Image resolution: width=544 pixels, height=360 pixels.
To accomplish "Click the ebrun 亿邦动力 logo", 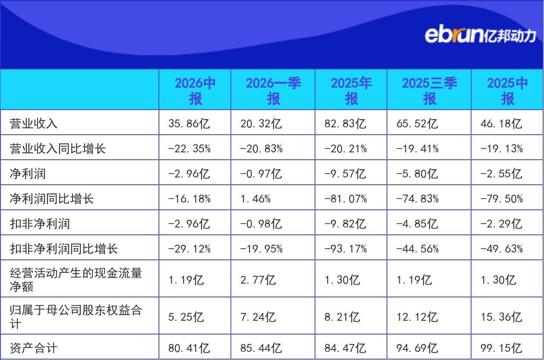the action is [x=480, y=35].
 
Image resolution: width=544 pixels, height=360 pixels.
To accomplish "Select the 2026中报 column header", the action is [x=195, y=91].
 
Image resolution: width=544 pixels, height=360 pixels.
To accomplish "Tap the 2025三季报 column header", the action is [x=429, y=91].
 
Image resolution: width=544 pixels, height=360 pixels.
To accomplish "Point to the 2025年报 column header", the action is [x=351, y=91].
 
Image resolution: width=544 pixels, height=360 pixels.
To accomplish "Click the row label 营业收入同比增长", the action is [x=57, y=148].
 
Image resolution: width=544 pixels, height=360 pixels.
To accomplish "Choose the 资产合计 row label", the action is [x=34, y=348].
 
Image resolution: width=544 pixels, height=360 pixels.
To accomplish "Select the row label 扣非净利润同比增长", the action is [x=63, y=249].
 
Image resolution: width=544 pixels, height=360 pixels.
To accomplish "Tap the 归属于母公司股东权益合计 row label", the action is [x=76, y=317].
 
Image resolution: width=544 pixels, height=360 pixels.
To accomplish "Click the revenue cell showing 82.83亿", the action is [x=345, y=123].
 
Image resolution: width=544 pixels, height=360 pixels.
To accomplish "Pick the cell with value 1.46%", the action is [x=255, y=199].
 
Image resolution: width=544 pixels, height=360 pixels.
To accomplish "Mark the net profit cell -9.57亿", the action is [x=345, y=174].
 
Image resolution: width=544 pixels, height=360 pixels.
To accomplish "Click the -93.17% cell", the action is [x=345, y=249].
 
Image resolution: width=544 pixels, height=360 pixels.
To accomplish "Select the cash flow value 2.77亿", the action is [x=258, y=280].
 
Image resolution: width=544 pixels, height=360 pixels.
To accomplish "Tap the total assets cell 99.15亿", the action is [x=501, y=348].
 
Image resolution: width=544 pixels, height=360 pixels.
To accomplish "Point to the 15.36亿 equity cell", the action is [x=501, y=317].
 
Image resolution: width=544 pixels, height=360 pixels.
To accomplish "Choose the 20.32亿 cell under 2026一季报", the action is [x=261, y=123].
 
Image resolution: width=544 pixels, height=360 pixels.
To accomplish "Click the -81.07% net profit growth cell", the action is [x=345, y=199].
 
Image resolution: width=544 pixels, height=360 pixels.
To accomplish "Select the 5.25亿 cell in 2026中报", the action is [x=186, y=317].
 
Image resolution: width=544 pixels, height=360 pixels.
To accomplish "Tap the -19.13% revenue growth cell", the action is [x=502, y=148].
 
